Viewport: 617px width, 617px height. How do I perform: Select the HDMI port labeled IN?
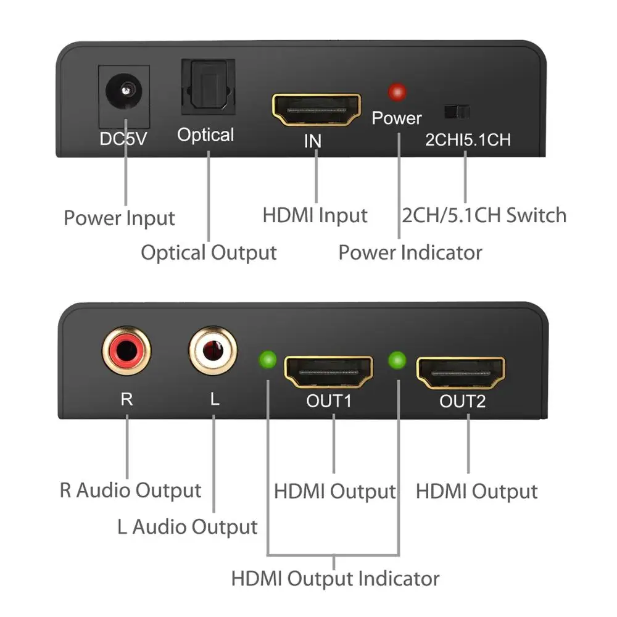[x=317, y=110]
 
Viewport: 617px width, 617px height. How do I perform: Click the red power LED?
[x=397, y=93]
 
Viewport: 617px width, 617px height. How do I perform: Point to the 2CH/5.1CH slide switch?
[x=457, y=112]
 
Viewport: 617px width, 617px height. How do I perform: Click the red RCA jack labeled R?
[x=126, y=350]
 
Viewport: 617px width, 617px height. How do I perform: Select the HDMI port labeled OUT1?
[x=328, y=372]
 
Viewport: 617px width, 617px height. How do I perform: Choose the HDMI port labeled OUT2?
[x=461, y=373]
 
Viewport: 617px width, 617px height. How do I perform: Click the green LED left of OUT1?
[x=268, y=358]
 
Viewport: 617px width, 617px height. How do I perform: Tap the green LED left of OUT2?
[x=398, y=358]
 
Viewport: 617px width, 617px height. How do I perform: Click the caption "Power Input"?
[x=119, y=218]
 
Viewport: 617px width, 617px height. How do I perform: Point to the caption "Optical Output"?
[x=209, y=252]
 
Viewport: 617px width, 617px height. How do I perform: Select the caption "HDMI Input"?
[x=315, y=215]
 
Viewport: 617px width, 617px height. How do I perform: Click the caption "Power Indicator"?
[x=410, y=252]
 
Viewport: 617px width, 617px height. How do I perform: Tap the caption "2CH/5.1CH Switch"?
[x=484, y=215]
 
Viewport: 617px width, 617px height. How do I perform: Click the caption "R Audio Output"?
[x=130, y=491]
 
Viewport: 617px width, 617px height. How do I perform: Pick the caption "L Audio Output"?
[x=187, y=527]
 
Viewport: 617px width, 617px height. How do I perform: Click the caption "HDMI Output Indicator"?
[x=335, y=579]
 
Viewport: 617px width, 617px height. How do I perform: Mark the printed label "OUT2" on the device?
[x=462, y=402]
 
